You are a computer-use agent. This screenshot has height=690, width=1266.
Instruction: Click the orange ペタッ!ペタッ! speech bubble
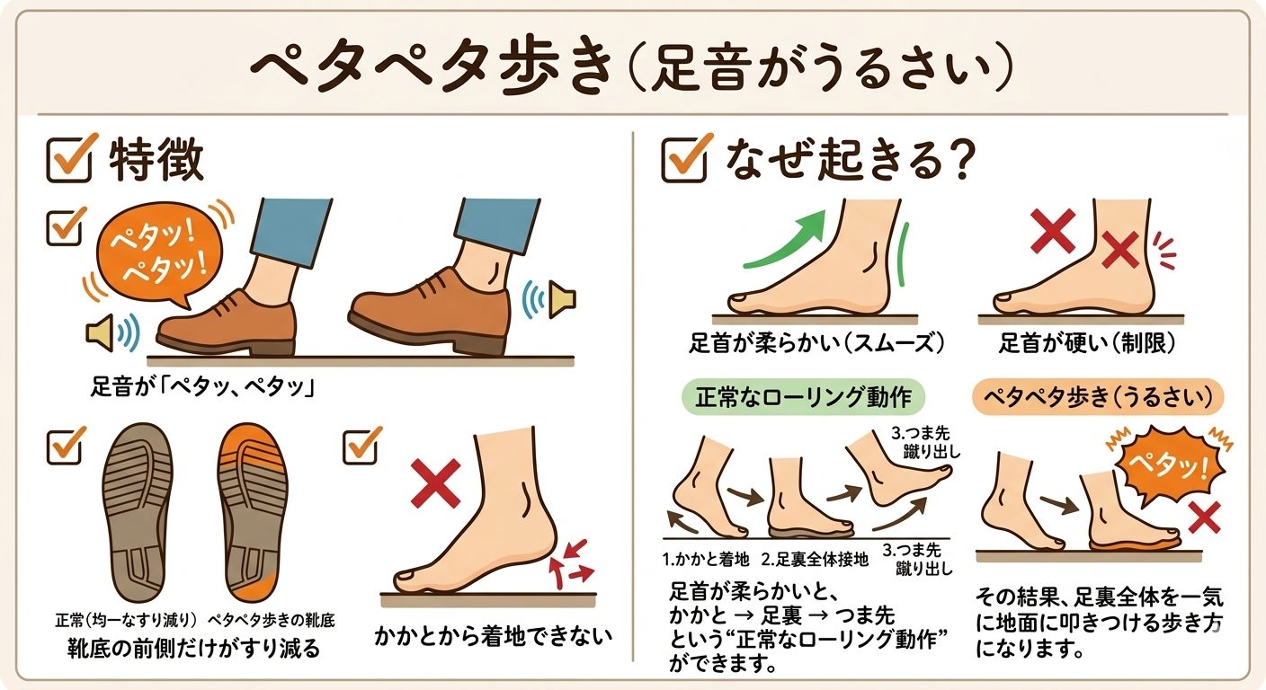[152, 254]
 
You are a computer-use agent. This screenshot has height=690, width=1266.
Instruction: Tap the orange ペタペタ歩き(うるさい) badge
[1099, 395]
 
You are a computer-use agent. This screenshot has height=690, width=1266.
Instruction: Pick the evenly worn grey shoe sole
[138, 513]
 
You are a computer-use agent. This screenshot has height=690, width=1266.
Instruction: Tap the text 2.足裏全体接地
[816, 560]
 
